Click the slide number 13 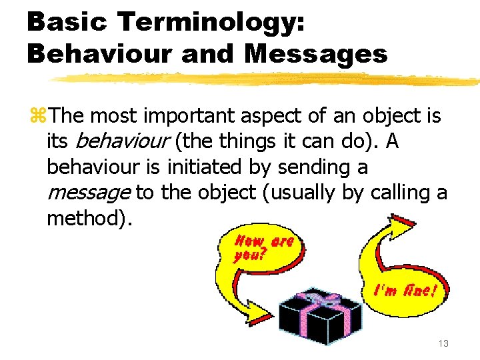[442, 343]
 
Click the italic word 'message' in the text [88, 193]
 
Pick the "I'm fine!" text [405, 291]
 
